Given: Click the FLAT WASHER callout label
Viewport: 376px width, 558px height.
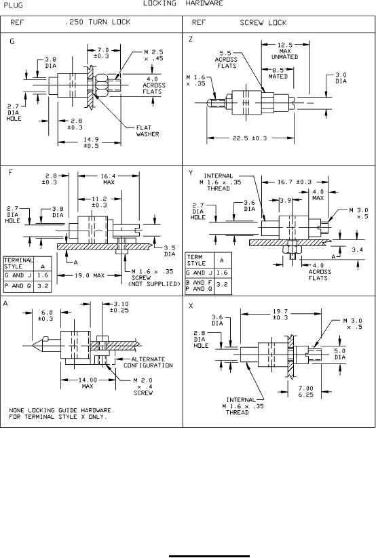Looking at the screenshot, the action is point(147,131).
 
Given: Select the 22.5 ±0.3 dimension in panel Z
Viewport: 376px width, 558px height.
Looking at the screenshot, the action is point(250,138).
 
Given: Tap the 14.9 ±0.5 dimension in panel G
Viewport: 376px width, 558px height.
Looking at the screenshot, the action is point(91,142).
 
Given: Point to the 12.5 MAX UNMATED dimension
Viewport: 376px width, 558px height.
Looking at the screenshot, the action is point(285,51).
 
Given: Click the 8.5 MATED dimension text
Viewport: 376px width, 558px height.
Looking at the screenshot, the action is point(278,73).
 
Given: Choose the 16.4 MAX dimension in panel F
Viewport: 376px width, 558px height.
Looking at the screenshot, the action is point(109,179).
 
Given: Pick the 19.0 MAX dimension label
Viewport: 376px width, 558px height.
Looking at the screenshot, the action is point(90,275).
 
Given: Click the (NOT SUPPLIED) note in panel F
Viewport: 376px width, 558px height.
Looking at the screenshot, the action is point(154,284).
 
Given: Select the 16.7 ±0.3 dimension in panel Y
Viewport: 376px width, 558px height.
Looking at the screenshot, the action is point(295,182).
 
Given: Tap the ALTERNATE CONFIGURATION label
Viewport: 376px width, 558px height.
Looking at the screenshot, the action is point(148,362).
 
